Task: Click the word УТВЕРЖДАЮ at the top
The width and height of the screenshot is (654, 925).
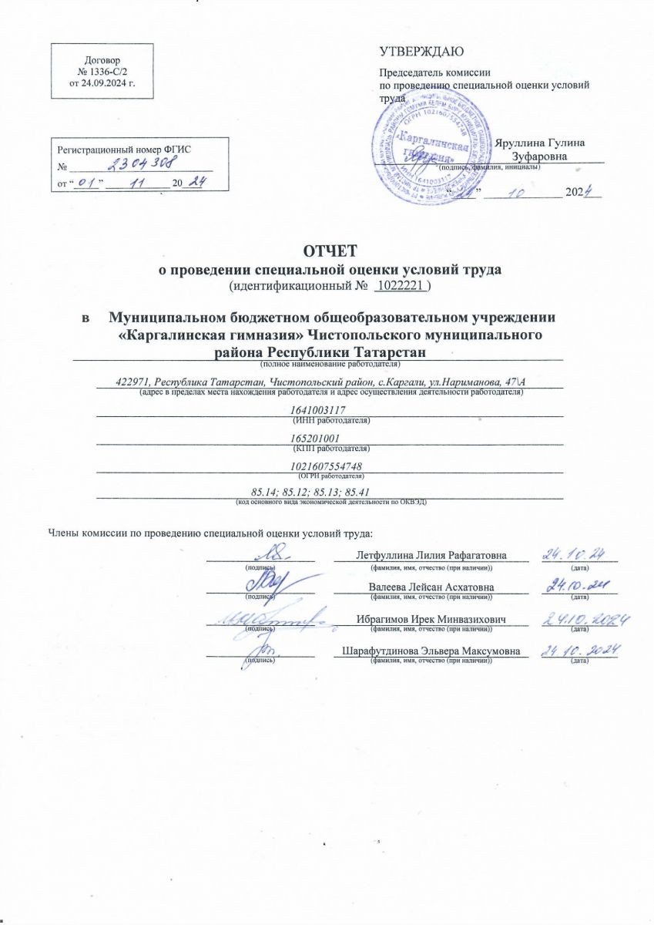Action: pos(421,52)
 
